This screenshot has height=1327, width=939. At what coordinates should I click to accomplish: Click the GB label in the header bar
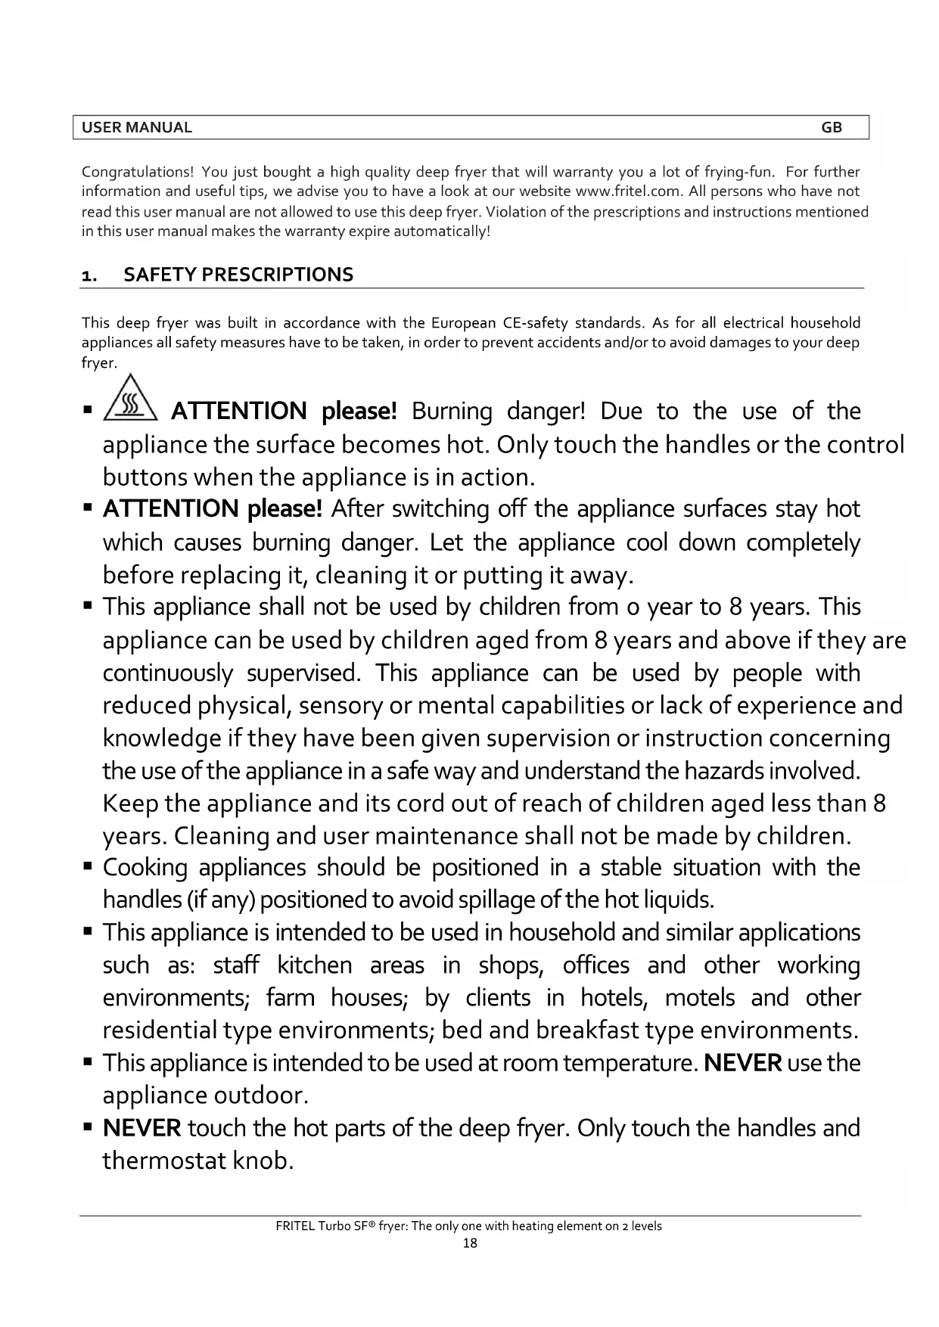point(831,128)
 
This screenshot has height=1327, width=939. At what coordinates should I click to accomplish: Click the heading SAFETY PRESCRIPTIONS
point(238,275)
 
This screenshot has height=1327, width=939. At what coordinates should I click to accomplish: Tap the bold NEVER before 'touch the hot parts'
point(141,1128)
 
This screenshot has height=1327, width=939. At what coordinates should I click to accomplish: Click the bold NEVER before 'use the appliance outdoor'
point(742,1063)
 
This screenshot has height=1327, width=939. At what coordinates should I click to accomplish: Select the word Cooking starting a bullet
point(145,867)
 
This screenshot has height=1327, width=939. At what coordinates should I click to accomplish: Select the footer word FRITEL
point(296,1226)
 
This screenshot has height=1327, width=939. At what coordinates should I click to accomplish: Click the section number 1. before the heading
point(89,275)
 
